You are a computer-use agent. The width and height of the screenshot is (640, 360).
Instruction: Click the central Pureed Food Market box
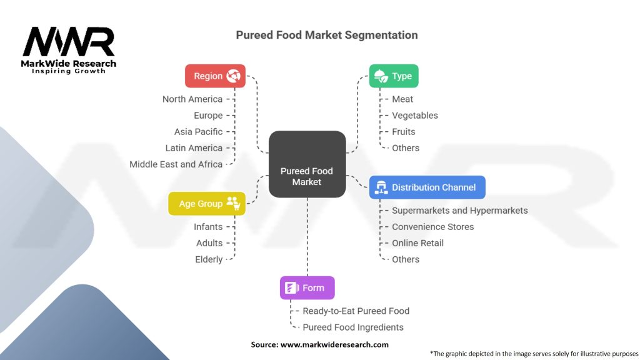click(307, 164)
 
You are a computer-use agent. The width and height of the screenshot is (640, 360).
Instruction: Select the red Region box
click(215, 76)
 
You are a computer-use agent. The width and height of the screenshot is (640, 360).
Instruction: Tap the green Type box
click(393, 76)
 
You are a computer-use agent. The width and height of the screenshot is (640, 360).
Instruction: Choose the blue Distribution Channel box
click(427, 187)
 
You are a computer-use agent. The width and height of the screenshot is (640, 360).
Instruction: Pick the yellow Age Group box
click(206, 204)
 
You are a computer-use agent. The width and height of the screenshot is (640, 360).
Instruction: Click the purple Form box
click(307, 288)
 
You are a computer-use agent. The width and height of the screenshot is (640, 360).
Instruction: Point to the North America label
click(192, 99)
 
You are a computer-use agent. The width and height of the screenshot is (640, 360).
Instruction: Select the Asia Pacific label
click(198, 132)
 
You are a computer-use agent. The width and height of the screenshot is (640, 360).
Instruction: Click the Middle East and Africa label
click(176, 164)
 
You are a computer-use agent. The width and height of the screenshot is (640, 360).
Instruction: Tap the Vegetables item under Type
click(414, 116)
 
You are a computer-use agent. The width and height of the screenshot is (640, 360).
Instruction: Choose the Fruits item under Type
click(403, 132)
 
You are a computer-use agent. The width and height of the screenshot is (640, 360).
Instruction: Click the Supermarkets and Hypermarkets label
click(459, 211)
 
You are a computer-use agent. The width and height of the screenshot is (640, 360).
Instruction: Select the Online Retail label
click(417, 243)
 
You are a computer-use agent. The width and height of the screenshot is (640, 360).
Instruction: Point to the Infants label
click(208, 227)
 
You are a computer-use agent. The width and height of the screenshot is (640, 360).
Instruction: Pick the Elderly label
click(209, 259)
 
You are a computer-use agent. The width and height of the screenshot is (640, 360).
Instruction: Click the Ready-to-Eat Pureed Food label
click(356, 311)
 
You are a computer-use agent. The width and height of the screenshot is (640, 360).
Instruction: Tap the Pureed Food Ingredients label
click(352, 327)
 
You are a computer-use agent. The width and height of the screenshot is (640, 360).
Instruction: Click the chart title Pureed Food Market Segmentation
click(327, 35)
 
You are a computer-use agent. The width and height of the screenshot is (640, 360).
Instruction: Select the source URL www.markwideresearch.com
click(335, 344)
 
